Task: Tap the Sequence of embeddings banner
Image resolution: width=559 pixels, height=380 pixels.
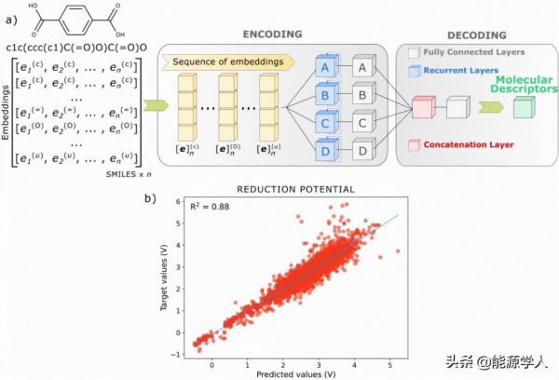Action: [x=227, y=61]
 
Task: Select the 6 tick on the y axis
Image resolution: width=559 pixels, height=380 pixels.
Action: [x=178, y=201]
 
